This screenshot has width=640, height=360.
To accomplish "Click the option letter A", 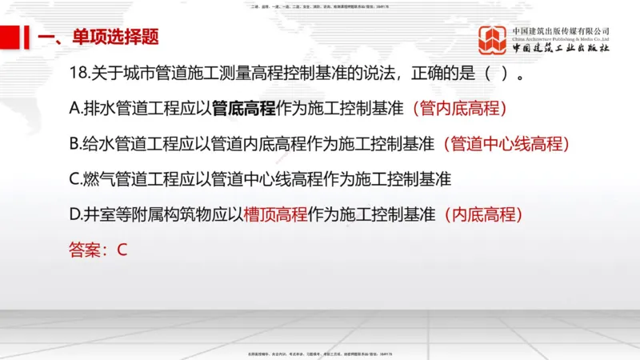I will click(75, 109).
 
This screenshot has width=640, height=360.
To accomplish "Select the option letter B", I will click(75, 144).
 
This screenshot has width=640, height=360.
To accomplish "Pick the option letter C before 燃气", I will click(75, 179).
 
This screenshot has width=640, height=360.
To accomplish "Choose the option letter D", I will click(75, 214).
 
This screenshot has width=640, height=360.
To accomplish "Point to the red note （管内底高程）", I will click(458, 109).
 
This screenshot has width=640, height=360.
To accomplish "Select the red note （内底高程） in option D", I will click(482, 214).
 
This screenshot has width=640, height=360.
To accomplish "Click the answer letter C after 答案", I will click(122, 250).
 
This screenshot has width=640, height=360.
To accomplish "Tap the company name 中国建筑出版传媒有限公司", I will click(561, 31).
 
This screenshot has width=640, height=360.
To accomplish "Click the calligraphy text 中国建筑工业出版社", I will click(561, 48).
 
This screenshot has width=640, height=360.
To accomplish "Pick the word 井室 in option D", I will click(100, 214).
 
